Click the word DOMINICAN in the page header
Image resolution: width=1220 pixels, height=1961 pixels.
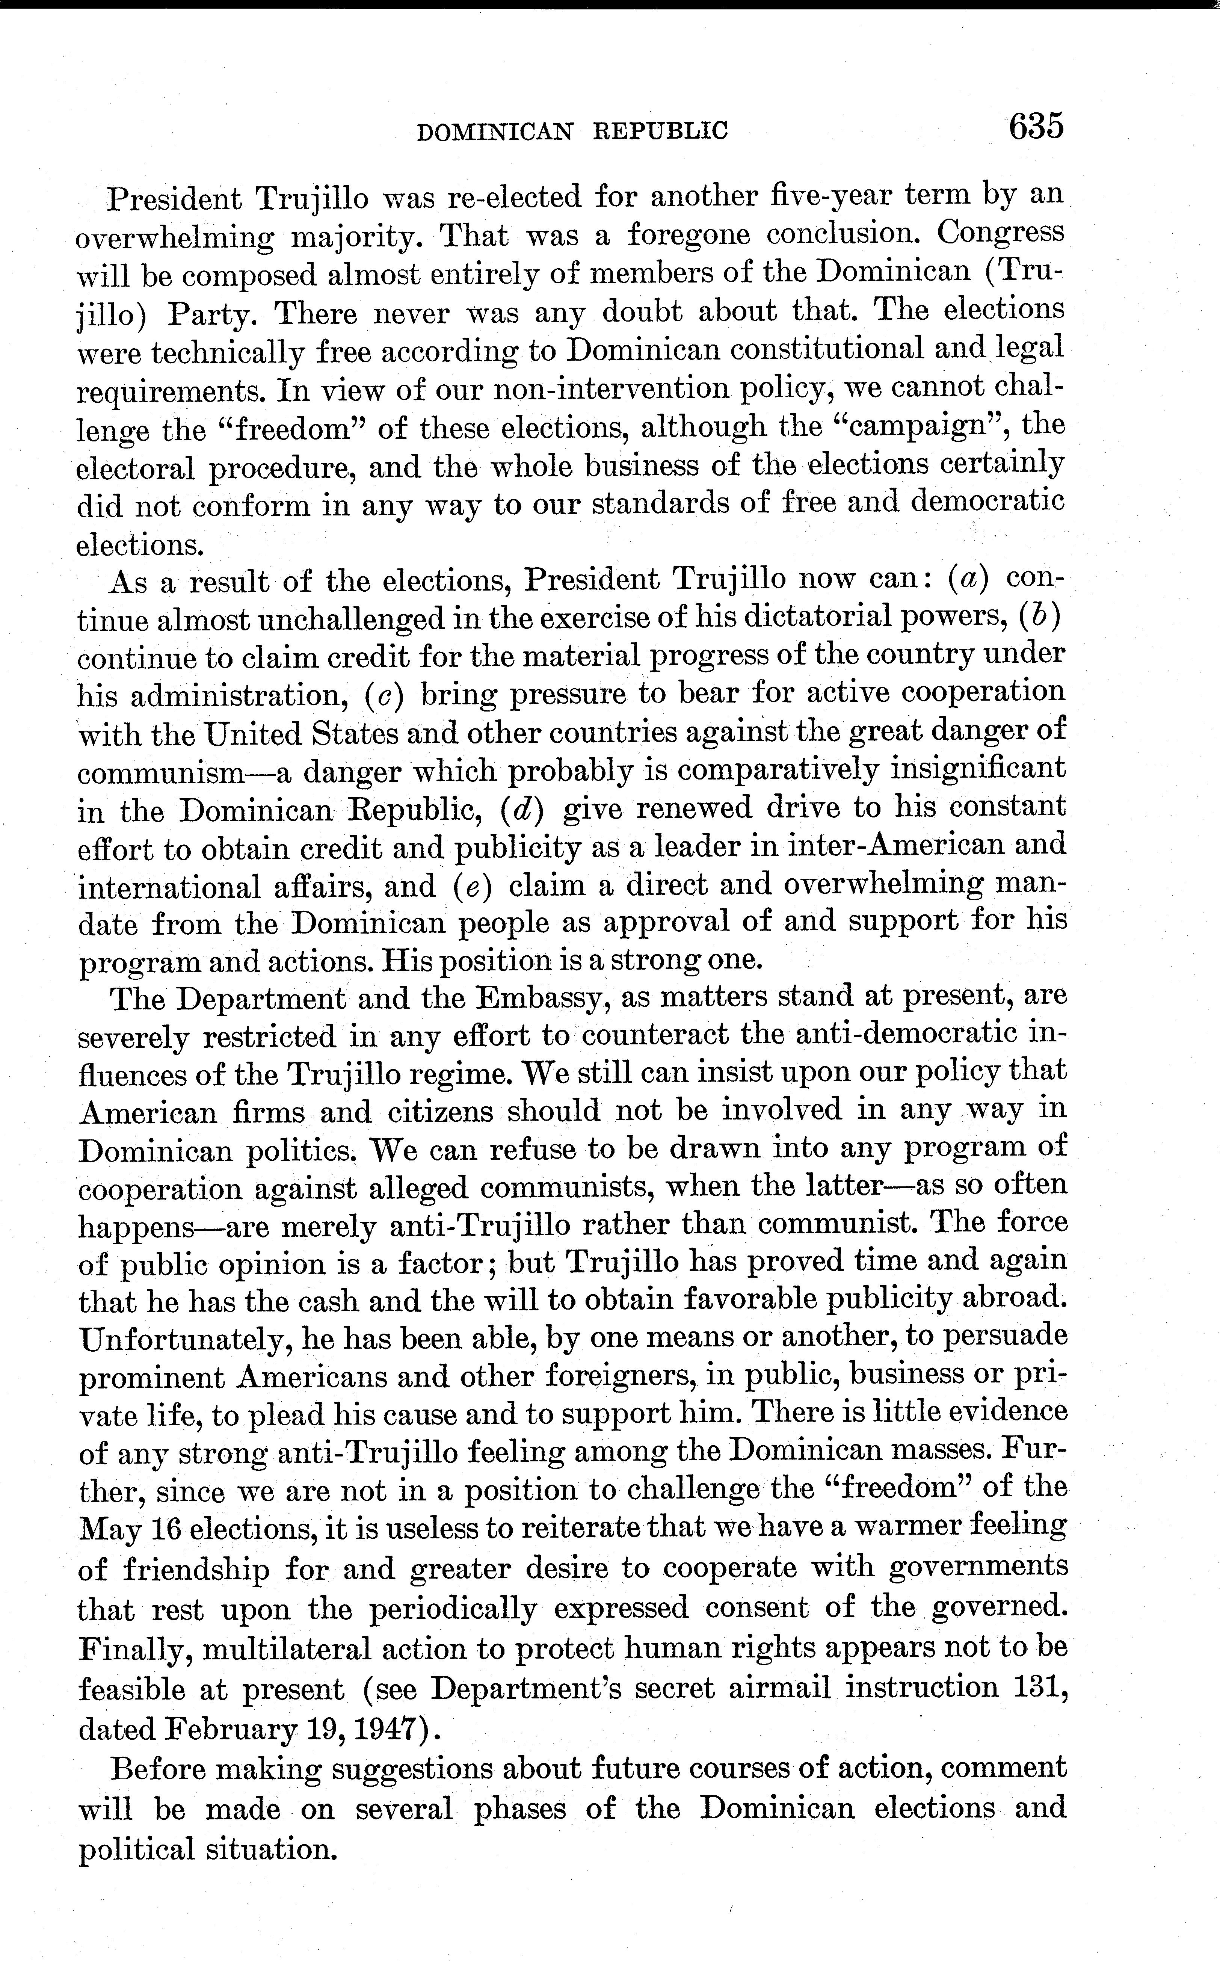495,131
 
